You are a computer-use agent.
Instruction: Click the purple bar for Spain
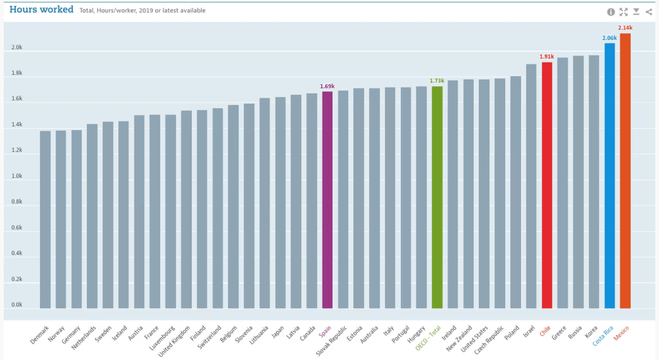click(328, 200)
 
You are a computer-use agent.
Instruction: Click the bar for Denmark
click(45, 219)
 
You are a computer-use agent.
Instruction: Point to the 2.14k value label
click(625, 28)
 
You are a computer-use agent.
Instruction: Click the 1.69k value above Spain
click(327, 86)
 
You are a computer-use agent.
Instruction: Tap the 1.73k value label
click(437, 81)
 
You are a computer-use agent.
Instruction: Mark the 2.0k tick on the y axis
click(17, 48)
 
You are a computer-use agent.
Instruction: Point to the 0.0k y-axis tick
click(17, 305)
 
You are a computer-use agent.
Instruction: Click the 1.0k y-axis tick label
click(17, 176)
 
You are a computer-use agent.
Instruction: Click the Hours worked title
click(41, 10)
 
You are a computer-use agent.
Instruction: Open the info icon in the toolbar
click(611, 12)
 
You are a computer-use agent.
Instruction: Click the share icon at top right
click(648, 12)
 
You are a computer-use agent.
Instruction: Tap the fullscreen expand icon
click(623, 12)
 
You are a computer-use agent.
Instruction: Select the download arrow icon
click(636, 12)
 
